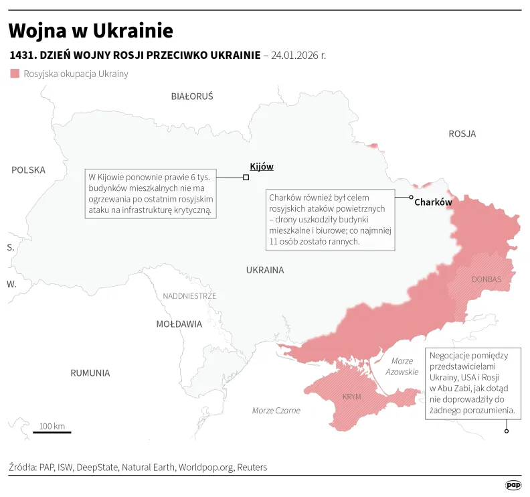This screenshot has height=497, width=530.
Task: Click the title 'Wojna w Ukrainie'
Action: click(x=90, y=31)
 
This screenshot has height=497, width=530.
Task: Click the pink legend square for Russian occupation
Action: click(x=15, y=74)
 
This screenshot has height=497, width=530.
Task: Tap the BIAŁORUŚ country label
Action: click(x=192, y=96)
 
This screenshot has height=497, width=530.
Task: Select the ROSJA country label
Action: click(x=462, y=134)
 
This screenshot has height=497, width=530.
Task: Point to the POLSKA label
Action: click(x=28, y=170)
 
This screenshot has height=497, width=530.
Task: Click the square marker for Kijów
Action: click(x=246, y=177)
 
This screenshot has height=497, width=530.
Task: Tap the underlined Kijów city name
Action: click(x=261, y=166)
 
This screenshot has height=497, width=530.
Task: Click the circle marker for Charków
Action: click(x=412, y=197)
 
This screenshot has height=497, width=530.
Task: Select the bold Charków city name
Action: click(x=433, y=202)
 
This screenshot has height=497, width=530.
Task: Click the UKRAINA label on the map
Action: click(x=265, y=271)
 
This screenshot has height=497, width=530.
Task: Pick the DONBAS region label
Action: click(x=486, y=279)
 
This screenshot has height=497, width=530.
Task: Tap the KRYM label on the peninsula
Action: click(x=351, y=397)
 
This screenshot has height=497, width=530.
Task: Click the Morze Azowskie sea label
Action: click(x=402, y=366)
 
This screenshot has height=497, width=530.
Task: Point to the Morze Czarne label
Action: click(x=276, y=411)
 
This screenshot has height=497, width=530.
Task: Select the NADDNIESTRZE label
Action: click(x=189, y=295)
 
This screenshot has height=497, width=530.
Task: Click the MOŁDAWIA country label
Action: click(x=179, y=324)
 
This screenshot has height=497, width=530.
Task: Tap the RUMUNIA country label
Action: click(x=90, y=373)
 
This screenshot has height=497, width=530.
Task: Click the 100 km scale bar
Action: click(x=52, y=432)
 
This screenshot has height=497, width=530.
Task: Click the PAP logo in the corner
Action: click(x=513, y=485)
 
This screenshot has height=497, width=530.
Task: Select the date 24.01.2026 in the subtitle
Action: click(x=298, y=55)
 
